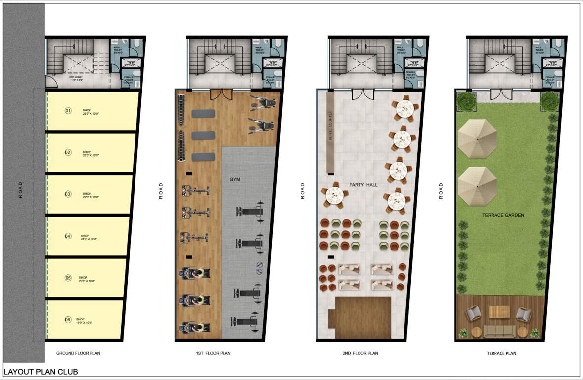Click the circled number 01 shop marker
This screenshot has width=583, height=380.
[68, 111]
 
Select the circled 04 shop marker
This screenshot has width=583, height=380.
[68, 236]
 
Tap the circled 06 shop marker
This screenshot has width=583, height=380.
[68, 320]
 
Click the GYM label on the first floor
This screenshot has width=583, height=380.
[234, 179]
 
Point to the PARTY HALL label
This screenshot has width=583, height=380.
[363, 185]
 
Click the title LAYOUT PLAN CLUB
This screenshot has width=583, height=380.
[41, 371]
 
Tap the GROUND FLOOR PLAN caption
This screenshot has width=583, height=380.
[79, 353]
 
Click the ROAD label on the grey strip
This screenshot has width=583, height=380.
[20, 190]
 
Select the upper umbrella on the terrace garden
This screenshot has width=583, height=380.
[477, 139]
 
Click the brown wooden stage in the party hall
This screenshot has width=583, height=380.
[363, 314]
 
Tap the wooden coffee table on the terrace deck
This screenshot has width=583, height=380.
[499, 312]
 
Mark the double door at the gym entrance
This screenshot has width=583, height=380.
[221, 94]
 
